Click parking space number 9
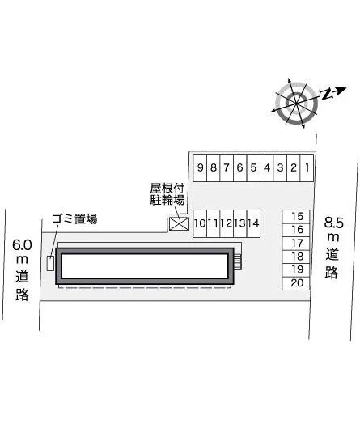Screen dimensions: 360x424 [200, 167]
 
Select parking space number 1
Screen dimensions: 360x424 [307, 167]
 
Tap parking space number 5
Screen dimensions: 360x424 [253, 167]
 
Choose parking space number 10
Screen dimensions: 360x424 [200, 223]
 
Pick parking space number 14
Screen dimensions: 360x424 [253, 223]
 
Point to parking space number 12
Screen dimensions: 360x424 [227, 223]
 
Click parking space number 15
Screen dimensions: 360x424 [296, 217]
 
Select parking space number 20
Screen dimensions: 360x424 [296, 283]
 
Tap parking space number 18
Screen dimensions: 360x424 [296, 257]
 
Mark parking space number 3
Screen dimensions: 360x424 [280, 167]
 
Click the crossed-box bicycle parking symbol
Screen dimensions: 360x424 [179, 224]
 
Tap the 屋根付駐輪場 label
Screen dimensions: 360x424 [167, 194]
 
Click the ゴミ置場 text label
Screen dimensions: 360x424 [74, 218]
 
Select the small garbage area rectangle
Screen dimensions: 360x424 [50, 263]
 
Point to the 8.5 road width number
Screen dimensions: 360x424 [334, 223]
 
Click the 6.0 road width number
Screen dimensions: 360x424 [22, 244]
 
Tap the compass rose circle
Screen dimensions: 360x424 [296, 104]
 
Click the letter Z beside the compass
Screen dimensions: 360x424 [327, 94]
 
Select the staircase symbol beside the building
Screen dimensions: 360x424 [238, 262]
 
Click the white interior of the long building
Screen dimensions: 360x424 [145, 266]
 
